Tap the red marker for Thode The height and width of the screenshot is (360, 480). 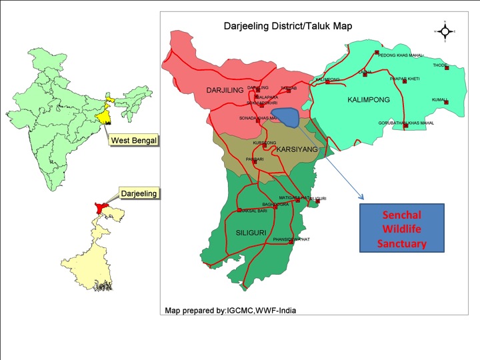pyautogui.click(x=447, y=67)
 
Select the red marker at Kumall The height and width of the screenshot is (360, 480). pyautogui.click(x=446, y=102)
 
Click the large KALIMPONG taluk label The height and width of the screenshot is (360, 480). pyautogui.click(x=369, y=100)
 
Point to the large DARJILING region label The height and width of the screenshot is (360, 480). pyautogui.click(x=225, y=89)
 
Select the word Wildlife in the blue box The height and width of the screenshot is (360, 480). pyautogui.click(x=401, y=229)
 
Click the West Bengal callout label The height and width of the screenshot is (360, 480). pyautogui.click(x=133, y=141)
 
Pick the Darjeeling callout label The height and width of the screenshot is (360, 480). pyautogui.click(x=139, y=193)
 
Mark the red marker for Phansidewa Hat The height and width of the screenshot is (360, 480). pyautogui.click(x=291, y=243)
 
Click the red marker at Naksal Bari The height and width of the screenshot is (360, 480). pyautogui.click(x=239, y=211)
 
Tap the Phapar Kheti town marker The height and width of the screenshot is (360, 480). pyautogui.click(x=405, y=81)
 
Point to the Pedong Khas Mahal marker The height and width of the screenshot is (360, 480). pyautogui.click(x=377, y=52)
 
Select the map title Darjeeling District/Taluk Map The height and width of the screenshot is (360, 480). pyautogui.click(x=287, y=26)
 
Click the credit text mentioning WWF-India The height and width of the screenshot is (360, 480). pyautogui.click(x=231, y=310)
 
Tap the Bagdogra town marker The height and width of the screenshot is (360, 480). pyautogui.click(x=275, y=207)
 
